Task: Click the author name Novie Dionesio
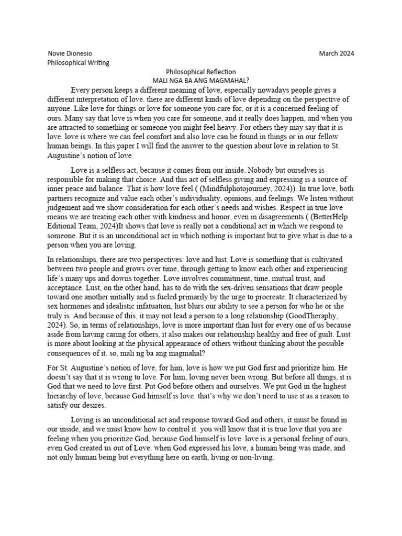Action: (x=65, y=53)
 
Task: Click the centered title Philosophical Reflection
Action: (x=201, y=72)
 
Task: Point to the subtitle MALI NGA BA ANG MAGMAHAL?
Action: (x=201, y=81)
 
